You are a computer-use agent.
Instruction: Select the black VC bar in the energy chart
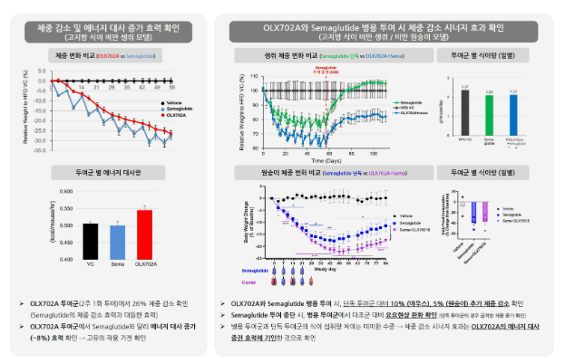[89, 240]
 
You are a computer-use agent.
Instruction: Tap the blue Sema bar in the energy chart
[116, 241]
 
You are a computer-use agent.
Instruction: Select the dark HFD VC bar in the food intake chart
[463, 114]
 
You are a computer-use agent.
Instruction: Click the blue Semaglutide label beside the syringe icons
[255, 270]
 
